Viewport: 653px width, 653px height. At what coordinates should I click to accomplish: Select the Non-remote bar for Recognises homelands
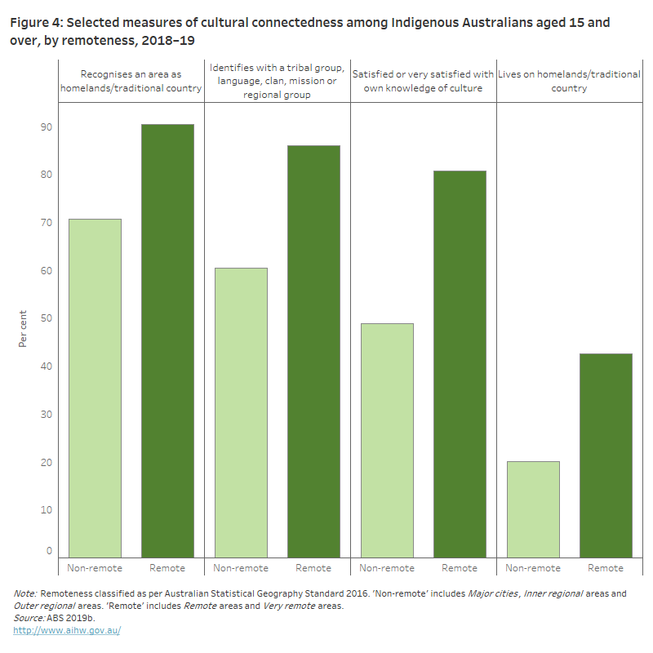(95, 388)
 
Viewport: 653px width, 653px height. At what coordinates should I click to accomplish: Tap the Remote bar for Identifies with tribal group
(313, 351)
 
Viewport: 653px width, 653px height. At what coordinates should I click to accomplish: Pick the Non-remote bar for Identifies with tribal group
(241, 412)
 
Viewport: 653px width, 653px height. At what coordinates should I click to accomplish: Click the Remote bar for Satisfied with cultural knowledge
(460, 364)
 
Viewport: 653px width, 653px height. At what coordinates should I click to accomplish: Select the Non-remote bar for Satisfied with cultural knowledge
(387, 440)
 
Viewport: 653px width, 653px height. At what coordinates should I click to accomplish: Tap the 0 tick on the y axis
(48, 552)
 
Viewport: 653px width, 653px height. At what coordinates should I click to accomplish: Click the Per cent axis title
(23, 328)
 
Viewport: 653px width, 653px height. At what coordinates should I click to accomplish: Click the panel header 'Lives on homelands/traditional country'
(569, 81)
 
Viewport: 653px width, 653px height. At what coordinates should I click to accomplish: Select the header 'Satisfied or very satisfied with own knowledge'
(423, 81)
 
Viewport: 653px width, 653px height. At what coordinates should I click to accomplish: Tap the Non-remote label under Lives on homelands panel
(533, 568)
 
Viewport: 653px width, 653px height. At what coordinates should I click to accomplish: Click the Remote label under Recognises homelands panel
(167, 568)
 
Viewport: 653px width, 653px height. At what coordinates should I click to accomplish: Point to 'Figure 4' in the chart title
(37, 22)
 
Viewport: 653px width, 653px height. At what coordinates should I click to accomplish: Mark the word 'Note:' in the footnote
(25, 593)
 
